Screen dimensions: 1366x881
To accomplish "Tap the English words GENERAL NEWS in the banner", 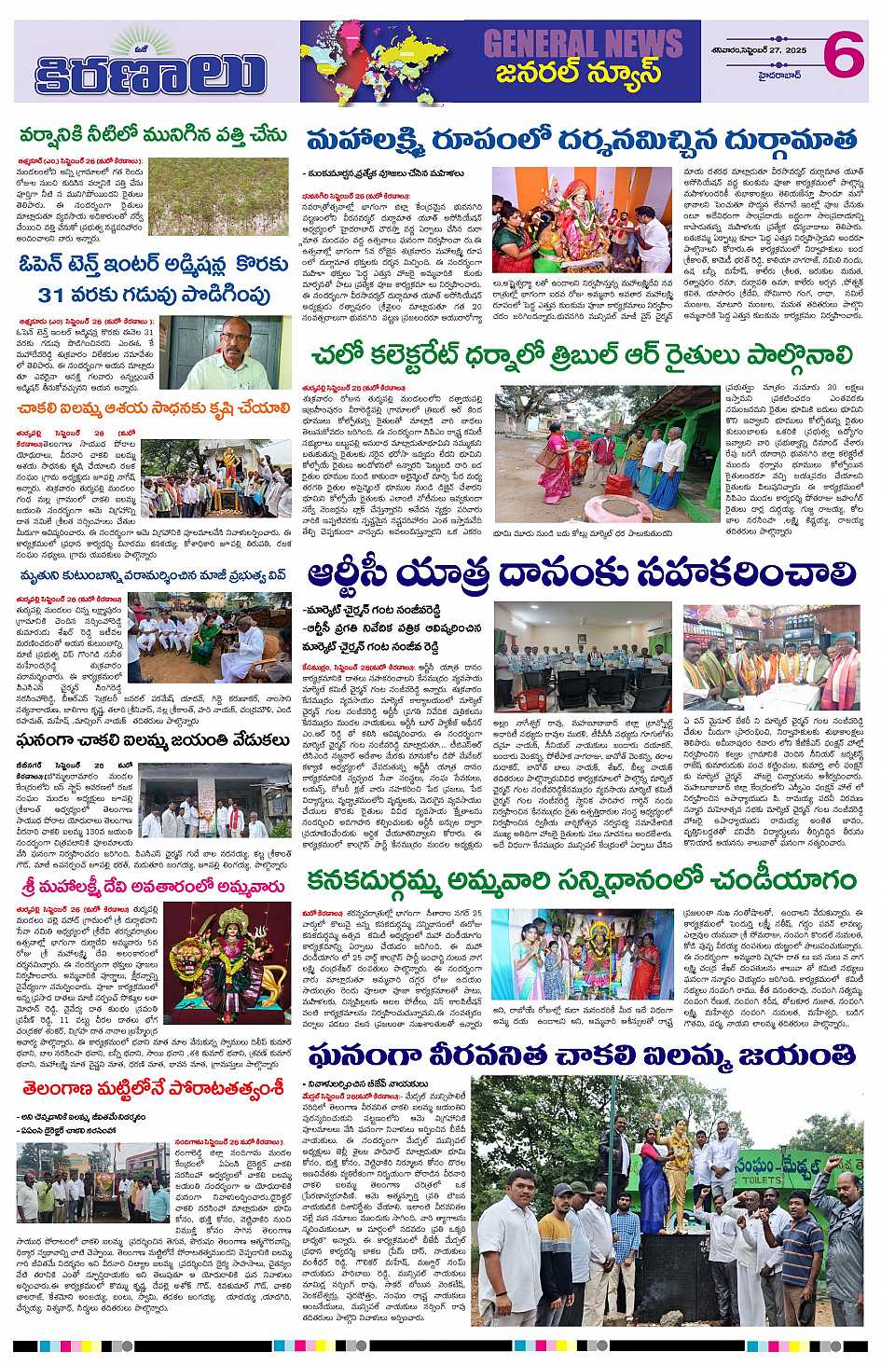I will [583, 41].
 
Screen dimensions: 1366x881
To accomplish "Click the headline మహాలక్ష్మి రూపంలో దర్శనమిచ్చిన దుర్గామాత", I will [583, 141].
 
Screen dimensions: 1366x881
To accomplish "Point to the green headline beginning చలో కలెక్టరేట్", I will [584, 358].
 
